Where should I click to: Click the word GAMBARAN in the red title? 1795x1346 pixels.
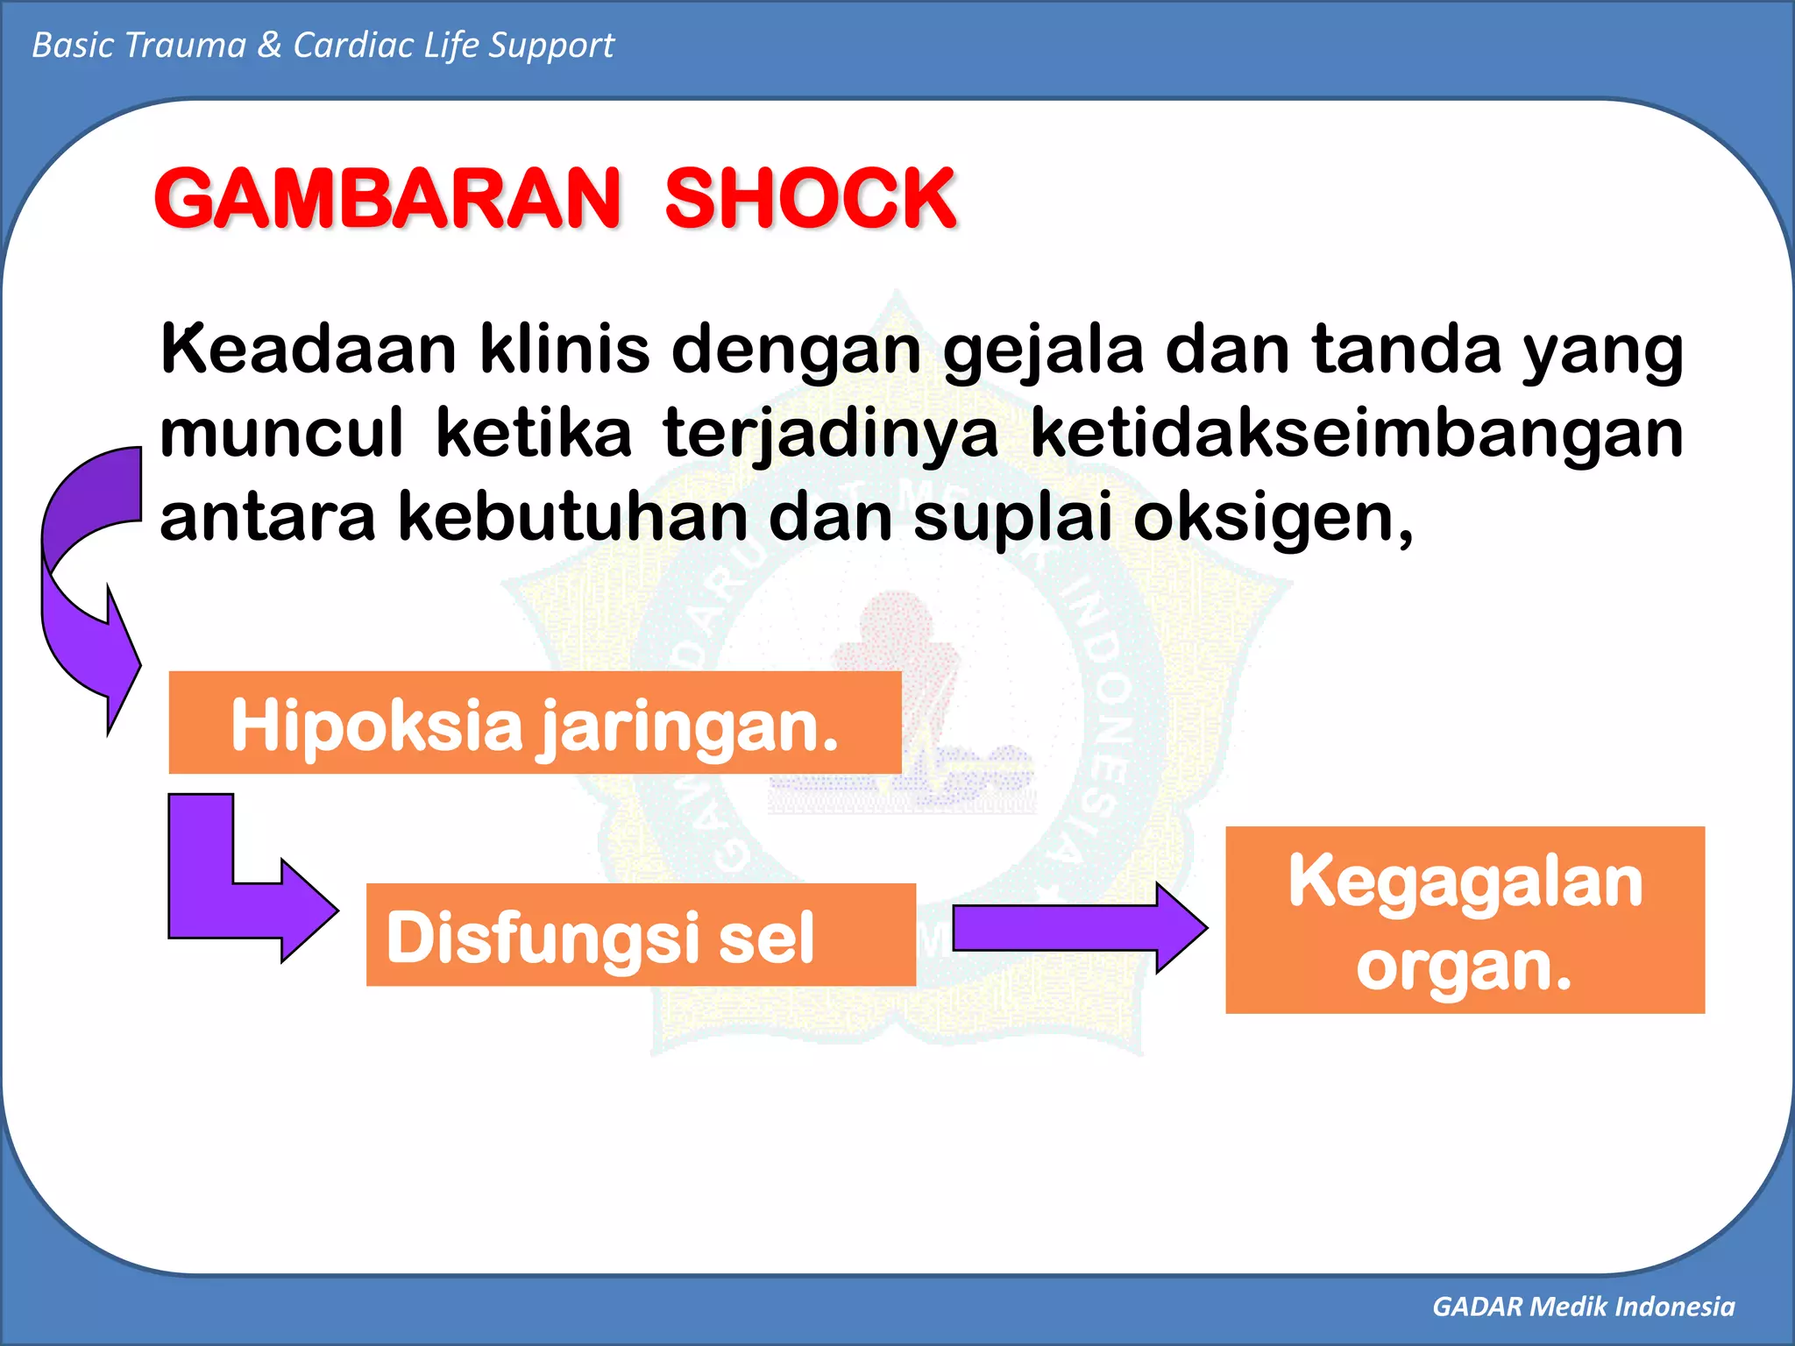[x=387, y=199]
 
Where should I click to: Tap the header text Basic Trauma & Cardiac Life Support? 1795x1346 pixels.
[x=323, y=46]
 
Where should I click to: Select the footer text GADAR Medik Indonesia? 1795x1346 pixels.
[x=1583, y=1307]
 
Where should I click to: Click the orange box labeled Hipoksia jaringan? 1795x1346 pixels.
[x=535, y=723]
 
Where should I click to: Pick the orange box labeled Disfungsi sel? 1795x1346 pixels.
[x=640, y=935]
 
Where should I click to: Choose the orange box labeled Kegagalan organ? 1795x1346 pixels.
[x=1465, y=920]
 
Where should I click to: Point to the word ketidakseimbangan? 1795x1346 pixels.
[x=1356, y=434]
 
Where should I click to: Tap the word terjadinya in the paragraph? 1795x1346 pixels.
[x=830, y=436]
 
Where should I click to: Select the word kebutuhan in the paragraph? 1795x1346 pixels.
[x=574, y=517]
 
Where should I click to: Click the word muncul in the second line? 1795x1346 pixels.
[x=281, y=434]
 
